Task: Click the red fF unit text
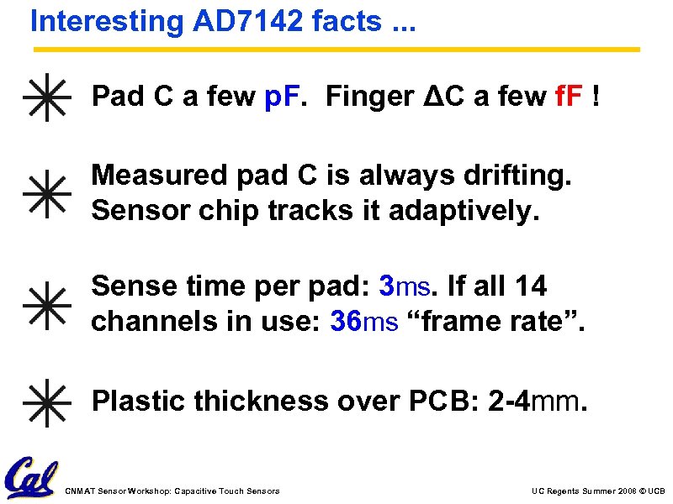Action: point(571,98)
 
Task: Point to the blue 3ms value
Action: point(405,287)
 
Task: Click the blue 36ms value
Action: point(364,322)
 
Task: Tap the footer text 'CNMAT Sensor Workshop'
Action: point(172,491)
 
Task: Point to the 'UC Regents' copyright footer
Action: point(598,491)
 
